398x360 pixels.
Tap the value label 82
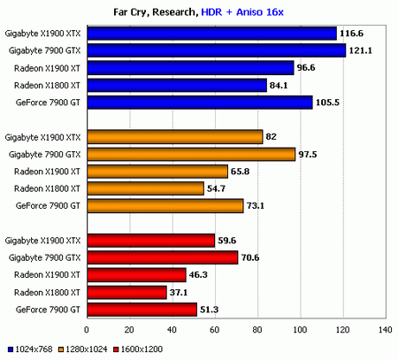272,136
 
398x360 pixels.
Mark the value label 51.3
210,309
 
